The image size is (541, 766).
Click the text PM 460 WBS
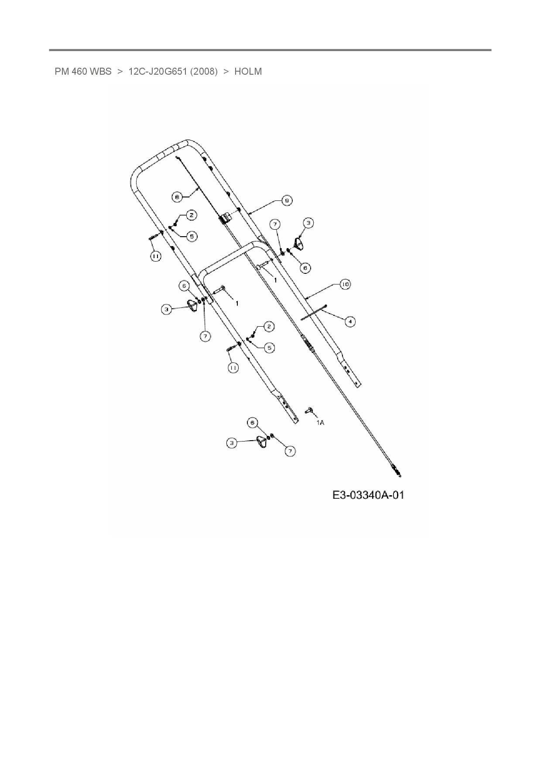pos(83,72)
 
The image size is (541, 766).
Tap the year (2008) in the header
pos(204,72)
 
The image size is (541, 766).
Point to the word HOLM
pos(248,72)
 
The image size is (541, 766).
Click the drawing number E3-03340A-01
pos(368,495)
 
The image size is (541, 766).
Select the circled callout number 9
pos(287,200)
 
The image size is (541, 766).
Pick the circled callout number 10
pos(345,284)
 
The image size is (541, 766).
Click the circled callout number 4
pos(350,322)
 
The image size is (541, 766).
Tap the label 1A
pos(320,422)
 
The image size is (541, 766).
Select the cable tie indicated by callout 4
pos(314,313)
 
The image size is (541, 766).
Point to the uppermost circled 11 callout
pos(155,256)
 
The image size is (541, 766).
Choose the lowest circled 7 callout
pos(290,451)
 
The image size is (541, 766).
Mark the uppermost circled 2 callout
pos(191,215)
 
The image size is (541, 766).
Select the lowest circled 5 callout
pos(270,348)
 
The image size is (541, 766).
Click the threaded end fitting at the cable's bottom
pos(397,471)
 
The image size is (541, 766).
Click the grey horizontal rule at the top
pos(270,50)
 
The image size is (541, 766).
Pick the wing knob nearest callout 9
pos(299,243)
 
